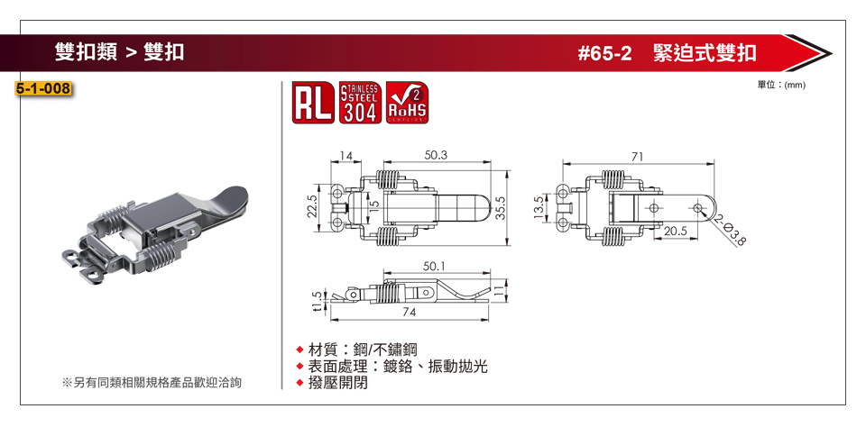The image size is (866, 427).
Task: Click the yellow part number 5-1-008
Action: point(43,88)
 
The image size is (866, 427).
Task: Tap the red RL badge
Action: point(313,103)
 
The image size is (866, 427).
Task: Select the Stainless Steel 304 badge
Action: point(360,103)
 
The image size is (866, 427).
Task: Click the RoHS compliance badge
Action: point(407,103)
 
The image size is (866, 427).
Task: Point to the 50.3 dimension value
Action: point(436,156)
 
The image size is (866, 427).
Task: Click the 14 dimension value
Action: point(345,156)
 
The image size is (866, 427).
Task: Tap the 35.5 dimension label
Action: point(501,208)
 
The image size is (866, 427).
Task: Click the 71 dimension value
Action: point(638,157)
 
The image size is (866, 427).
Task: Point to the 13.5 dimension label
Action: point(539,208)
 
